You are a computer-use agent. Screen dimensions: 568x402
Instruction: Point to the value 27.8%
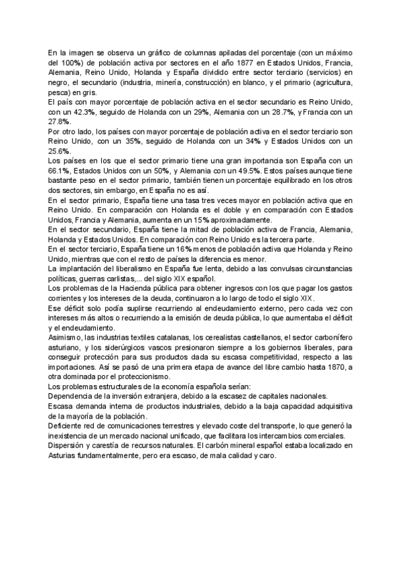pos(60,122)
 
